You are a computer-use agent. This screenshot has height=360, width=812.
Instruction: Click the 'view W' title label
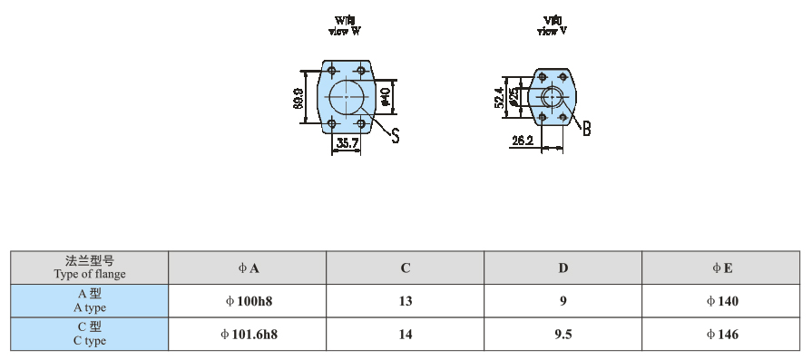(x=345, y=26)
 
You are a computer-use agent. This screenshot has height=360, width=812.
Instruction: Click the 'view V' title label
(x=552, y=26)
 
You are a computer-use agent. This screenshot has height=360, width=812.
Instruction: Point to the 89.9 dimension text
(x=298, y=98)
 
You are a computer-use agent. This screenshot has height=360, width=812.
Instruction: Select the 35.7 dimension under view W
(x=347, y=143)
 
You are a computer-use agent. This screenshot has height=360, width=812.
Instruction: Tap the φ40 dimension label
(x=386, y=97)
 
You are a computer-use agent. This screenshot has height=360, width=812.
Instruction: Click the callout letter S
(x=396, y=135)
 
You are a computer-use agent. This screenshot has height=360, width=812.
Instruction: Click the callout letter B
(x=586, y=128)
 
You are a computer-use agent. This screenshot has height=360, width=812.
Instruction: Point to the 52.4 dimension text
(x=499, y=97)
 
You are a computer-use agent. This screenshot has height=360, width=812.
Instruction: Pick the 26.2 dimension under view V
(x=523, y=141)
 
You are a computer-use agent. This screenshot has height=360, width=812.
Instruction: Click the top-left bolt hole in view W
(x=332, y=70)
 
